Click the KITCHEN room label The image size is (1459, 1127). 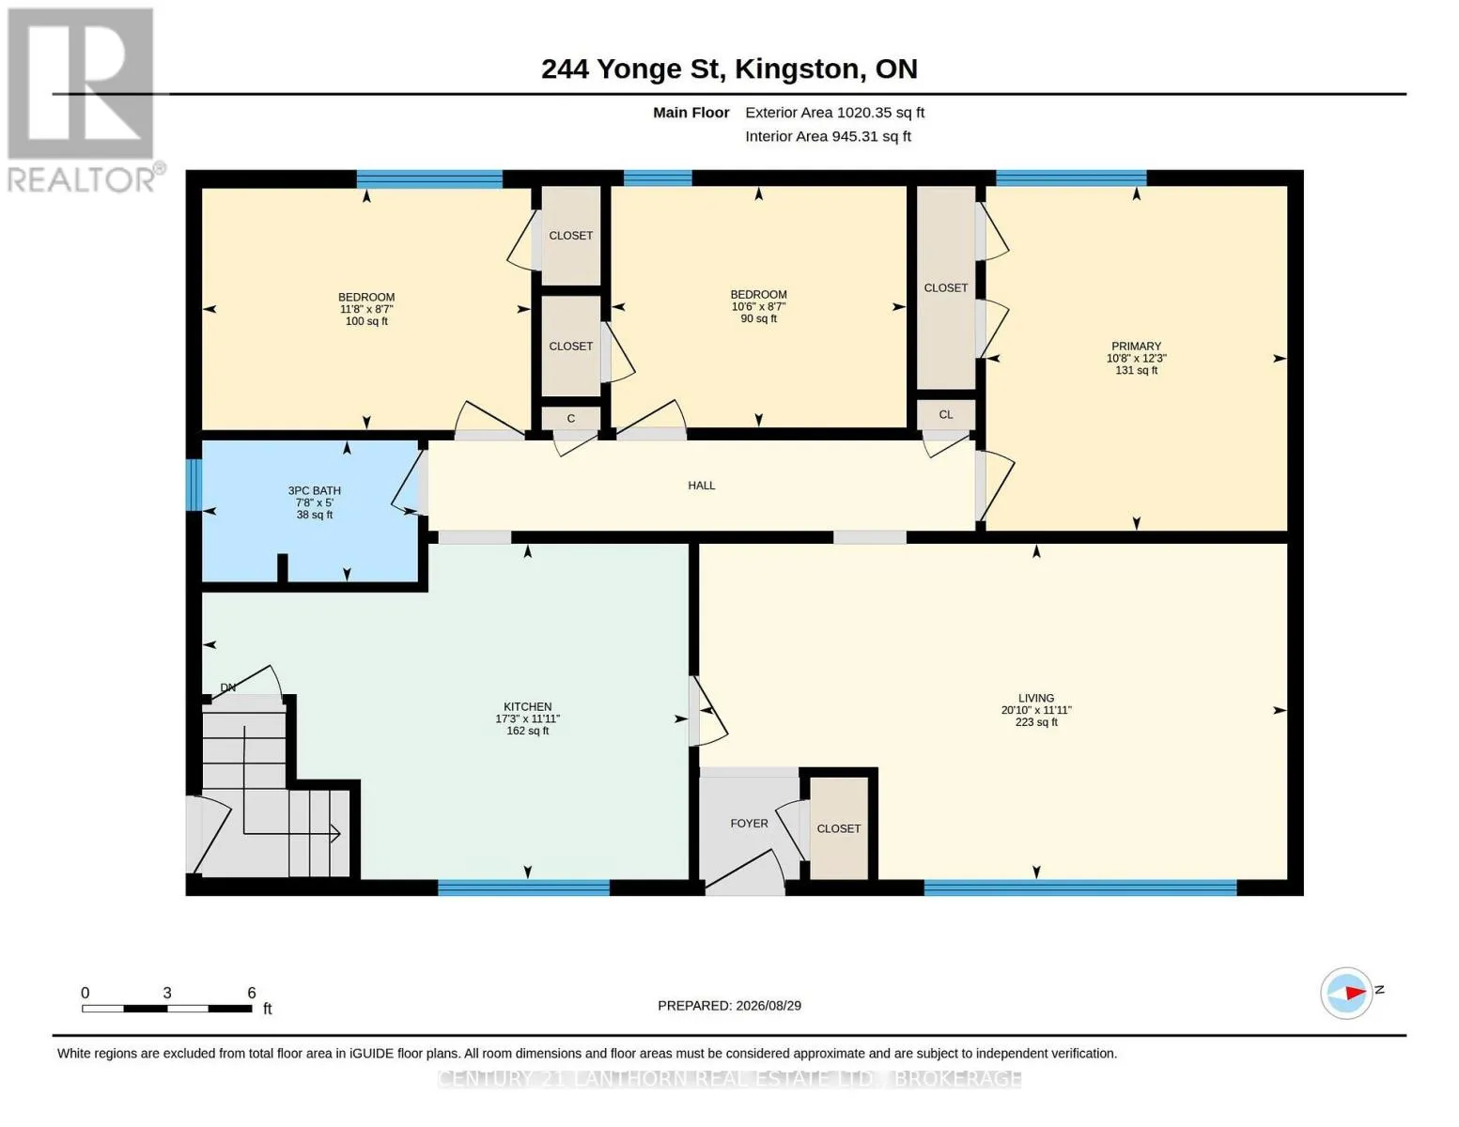pos(527,706)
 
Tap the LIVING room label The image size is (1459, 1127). pos(1035,698)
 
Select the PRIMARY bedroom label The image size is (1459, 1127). pos(1136,346)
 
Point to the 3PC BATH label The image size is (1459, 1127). pos(314,490)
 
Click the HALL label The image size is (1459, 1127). pos(701,486)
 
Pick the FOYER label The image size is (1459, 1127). pos(749,823)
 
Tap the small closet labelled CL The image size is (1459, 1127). pos(945,415)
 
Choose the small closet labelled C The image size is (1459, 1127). pos(570,418)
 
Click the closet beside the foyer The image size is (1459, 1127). pos(839,827)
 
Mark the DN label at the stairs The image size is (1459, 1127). pos(228,687)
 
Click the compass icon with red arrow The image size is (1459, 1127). pos(1345,994)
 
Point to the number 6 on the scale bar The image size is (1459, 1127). pos(251,993)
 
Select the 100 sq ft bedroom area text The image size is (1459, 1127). pos(366,321)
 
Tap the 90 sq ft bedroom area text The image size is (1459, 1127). pos(758,318)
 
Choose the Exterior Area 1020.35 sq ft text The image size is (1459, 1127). pos(834,113)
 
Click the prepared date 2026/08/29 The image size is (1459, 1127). pos(768,1006)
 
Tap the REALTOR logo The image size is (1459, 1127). pos(84,100)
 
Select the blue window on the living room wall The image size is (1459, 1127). pos(1079,888)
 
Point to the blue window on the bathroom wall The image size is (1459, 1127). pos(194,485)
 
